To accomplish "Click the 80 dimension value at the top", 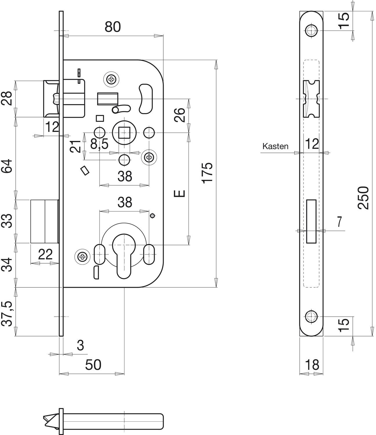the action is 113,27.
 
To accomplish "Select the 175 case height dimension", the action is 207,173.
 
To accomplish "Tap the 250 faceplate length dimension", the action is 364,197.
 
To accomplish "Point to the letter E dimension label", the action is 179,193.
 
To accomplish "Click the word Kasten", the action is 275,146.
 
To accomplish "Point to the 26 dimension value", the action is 179,115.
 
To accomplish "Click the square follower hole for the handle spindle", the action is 124,133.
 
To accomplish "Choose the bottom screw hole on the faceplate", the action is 311,322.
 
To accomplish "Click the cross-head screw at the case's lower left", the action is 82,256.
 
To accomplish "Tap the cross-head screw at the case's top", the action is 111,79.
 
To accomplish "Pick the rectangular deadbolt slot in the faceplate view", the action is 311,221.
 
